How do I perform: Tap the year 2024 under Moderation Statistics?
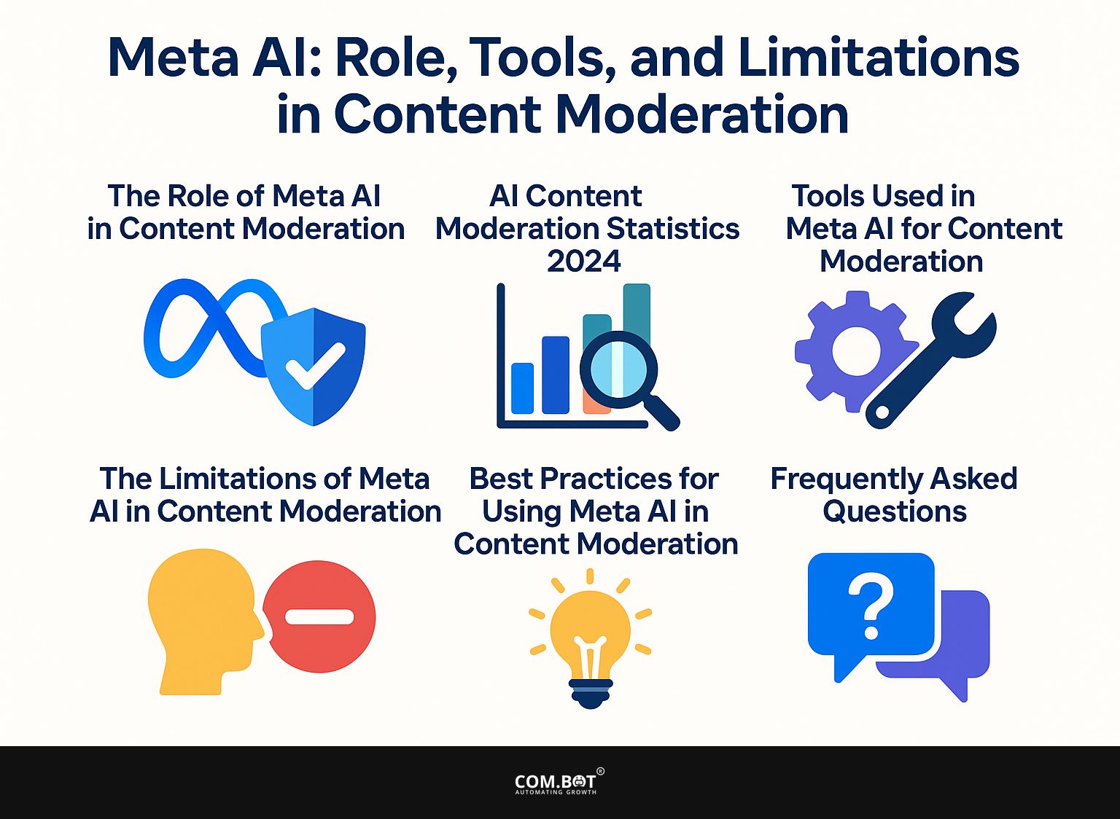coord(584,261)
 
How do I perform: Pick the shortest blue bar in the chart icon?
coord(523,388)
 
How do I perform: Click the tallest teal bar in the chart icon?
coord(637,310)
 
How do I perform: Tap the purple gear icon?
coord(856,351)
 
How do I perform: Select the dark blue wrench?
coord(930,360)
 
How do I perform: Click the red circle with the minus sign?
coord(319,616)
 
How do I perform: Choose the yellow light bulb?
coord(591,635)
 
